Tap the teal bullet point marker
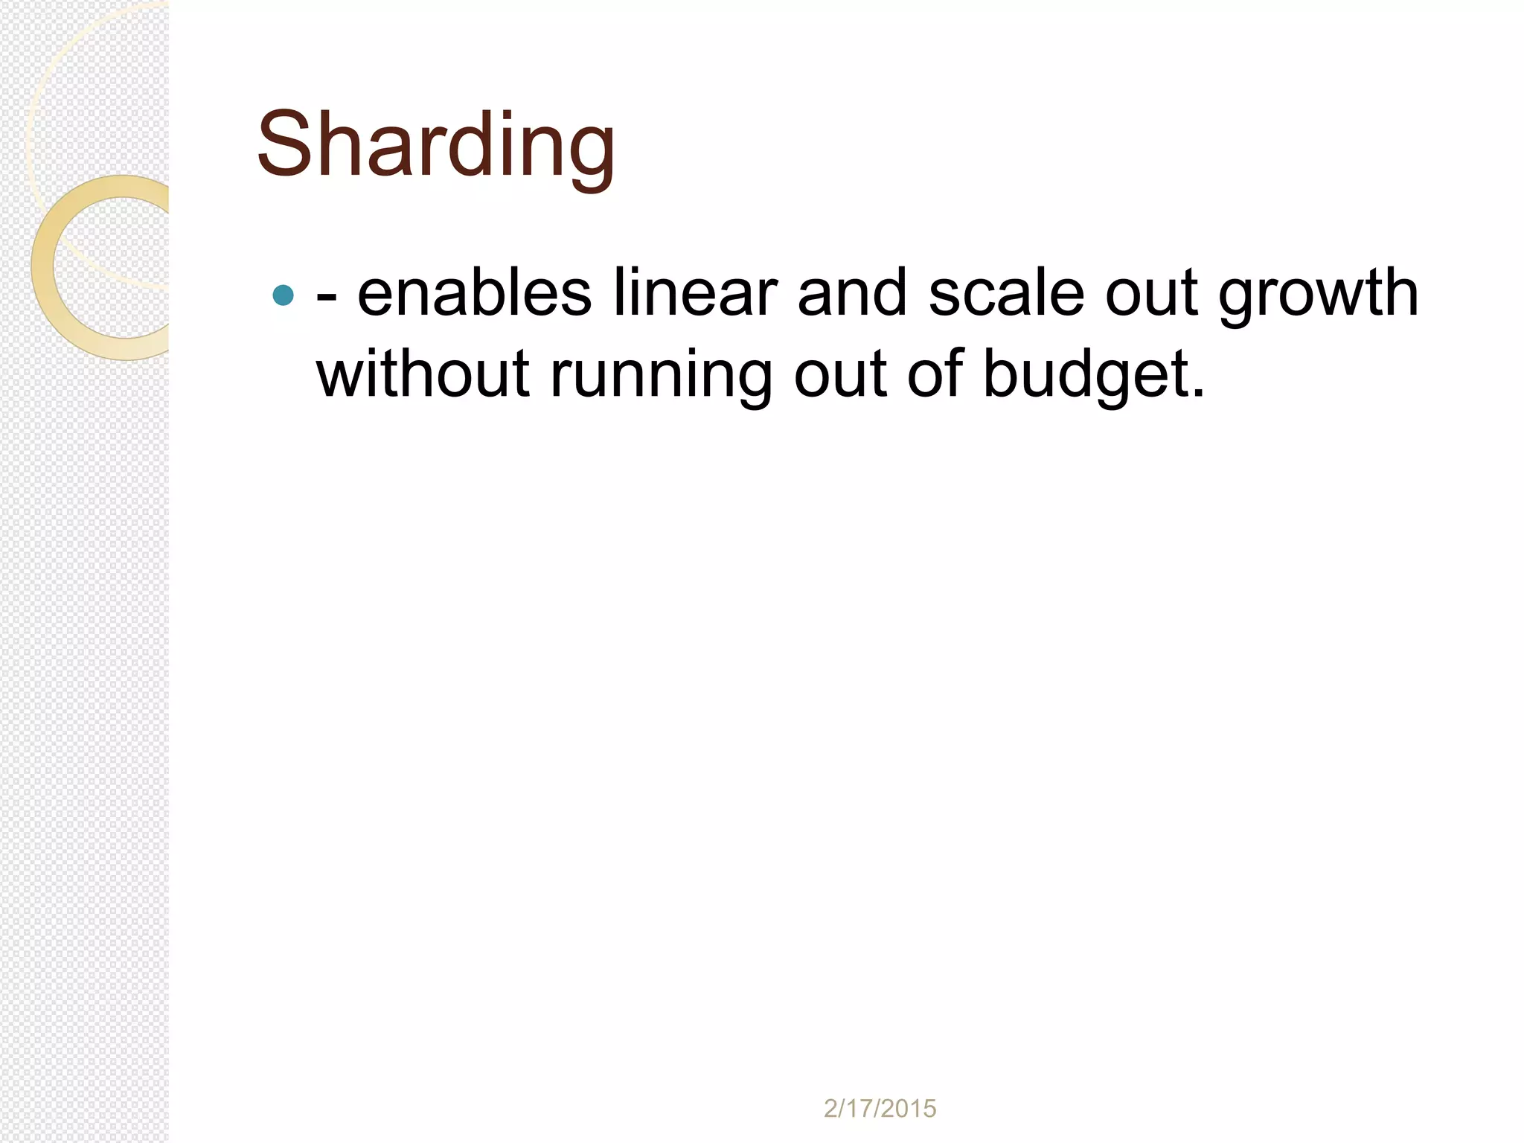[x=284, y=295]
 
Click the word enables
[x=474, y=294]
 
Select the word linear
[x=695, y=294]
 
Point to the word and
[x=852, y=294]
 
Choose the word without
[x=422, y=374]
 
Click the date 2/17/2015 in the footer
[x=880, y=1109]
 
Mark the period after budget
[x=1197, y=393]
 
